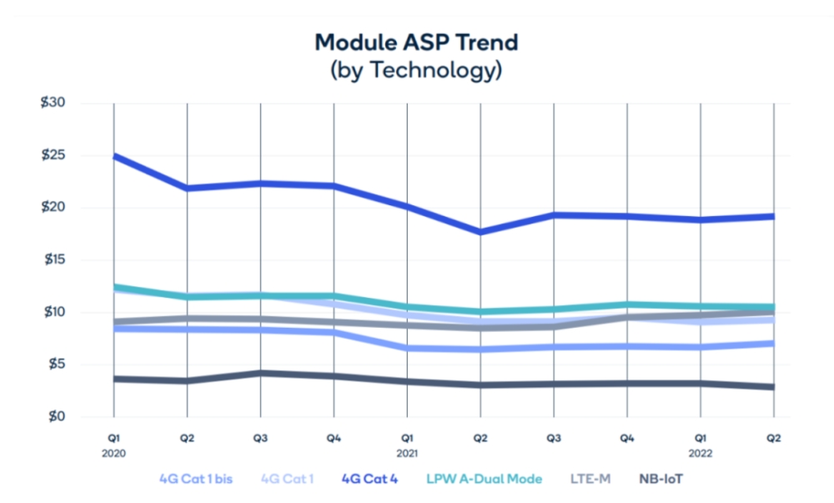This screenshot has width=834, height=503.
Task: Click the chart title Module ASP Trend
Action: (416, 41)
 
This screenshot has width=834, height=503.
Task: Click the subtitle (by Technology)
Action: (416, 70)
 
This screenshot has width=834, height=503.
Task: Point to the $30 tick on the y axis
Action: (53, 103)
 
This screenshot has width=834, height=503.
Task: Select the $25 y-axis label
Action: (53, 155)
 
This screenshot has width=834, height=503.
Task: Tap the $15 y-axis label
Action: (53, 260)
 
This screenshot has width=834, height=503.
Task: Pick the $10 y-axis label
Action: (53, 312)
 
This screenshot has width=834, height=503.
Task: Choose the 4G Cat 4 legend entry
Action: (371, 479)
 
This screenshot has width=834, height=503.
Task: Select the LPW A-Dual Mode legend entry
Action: (485, 479)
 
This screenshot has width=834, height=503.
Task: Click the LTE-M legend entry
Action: (590, 479)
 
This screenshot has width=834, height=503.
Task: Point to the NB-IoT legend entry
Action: (661, 479)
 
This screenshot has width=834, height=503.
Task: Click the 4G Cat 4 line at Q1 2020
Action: (113, 156)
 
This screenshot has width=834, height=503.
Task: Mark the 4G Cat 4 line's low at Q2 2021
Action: (480, 232)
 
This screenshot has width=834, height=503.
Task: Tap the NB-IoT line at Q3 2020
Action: (260, 373)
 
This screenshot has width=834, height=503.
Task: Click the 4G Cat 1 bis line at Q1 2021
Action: (407, 348)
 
